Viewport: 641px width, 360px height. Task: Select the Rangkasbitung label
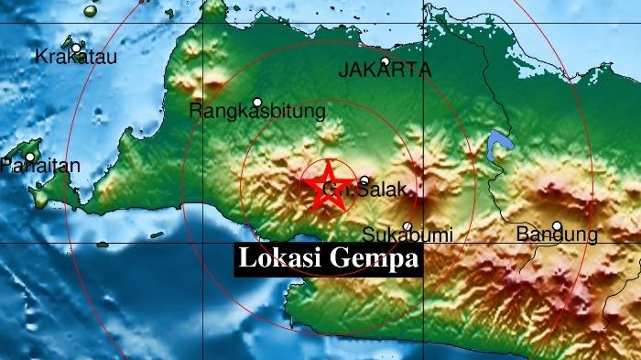[257, 113]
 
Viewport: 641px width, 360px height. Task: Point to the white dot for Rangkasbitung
[257, 102]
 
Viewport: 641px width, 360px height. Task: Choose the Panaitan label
[40, 166]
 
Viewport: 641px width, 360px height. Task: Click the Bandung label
[557, 235]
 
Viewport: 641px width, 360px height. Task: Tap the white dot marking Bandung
[557, 224]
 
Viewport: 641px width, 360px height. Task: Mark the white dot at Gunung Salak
[364, 181]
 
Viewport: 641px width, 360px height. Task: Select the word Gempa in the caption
[375, 259]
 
